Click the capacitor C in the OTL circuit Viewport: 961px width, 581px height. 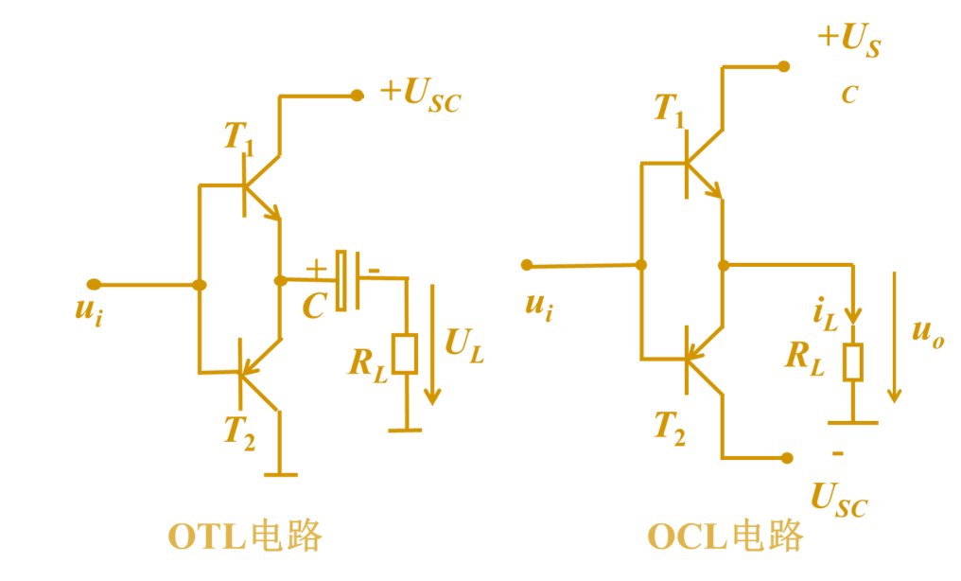click(347, 280)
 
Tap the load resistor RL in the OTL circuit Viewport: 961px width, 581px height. click(406, 354)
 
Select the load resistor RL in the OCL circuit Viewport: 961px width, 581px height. click(853, 362)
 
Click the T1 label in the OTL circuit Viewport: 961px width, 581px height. click(238, 138)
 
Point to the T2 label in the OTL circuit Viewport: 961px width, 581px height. click(238, 431)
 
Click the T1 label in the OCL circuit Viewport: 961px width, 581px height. click(670, 110)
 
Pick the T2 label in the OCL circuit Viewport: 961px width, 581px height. click(670, 428)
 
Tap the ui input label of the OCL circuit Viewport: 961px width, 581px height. click(538, 305)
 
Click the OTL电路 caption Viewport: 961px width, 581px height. click(245, 537)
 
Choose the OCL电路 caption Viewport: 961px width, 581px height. click(725, 537)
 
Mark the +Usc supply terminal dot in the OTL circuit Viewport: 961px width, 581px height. click(357, 95)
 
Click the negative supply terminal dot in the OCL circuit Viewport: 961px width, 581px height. click(787, 458)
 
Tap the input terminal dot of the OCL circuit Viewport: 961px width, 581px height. click(527, 265)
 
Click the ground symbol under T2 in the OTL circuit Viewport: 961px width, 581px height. click(280, 473)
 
